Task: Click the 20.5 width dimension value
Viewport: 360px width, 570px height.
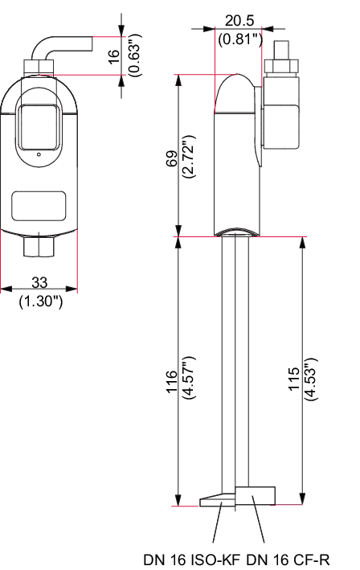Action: point(239,20)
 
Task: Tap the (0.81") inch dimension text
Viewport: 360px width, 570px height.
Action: point(240,39)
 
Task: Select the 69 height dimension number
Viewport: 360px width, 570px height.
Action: point(171,158)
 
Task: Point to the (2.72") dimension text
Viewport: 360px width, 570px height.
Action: point(190,157)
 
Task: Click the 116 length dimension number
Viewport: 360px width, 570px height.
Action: point(171,381)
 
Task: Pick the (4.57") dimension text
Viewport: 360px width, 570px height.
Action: point(190,378)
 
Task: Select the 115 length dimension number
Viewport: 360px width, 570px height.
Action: point(294,379)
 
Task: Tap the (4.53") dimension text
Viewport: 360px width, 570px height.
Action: point(312,379)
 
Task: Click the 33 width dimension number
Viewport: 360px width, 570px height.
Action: point(39,282)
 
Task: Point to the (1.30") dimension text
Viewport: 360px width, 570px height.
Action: point(41,301)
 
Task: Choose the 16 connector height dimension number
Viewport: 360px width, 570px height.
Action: point(114,56)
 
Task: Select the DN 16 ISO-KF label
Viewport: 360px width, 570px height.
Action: point(192,560)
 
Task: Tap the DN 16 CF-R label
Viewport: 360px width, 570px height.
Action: point(288,560)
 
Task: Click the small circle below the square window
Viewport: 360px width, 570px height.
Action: point(39,155)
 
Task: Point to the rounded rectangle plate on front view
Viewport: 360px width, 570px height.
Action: point(39,206)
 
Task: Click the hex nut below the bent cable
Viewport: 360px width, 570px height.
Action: point(39,68)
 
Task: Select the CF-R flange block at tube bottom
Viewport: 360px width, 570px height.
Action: point(255,496)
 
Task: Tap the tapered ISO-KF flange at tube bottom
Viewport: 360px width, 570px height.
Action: point(218,500)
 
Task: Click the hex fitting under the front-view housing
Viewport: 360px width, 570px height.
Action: point(39,247)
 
